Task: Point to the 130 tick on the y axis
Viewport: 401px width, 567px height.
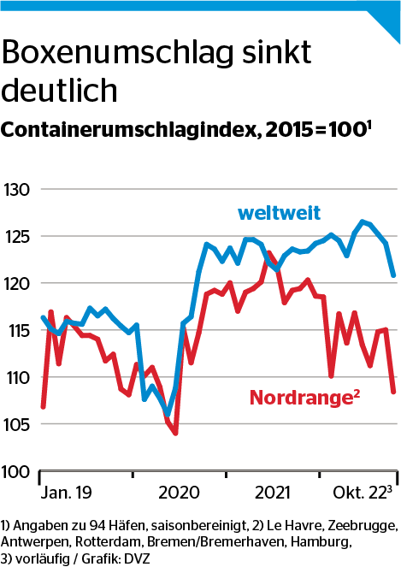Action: pyautogui.click(x=16, y=189)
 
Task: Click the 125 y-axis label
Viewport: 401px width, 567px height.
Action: pyautogui.click(x=16, y=236)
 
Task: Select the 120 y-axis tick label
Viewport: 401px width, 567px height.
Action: pyautogui.click(x=16, y=283)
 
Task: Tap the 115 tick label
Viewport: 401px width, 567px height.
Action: pyautogui.click(x=16, y=330)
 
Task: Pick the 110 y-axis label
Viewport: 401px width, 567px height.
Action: pyautogui.click(x=16, y=377)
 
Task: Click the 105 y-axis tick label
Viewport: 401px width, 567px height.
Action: pyautogui.click(x=16, y=424)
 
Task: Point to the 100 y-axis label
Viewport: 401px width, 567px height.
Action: pyautogui.click(x=16, y=471)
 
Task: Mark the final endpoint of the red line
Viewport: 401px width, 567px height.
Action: pyautogui.click(x=394, y=392)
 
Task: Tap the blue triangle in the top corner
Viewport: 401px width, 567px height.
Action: pyautogui.click(x=386, y=15)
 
